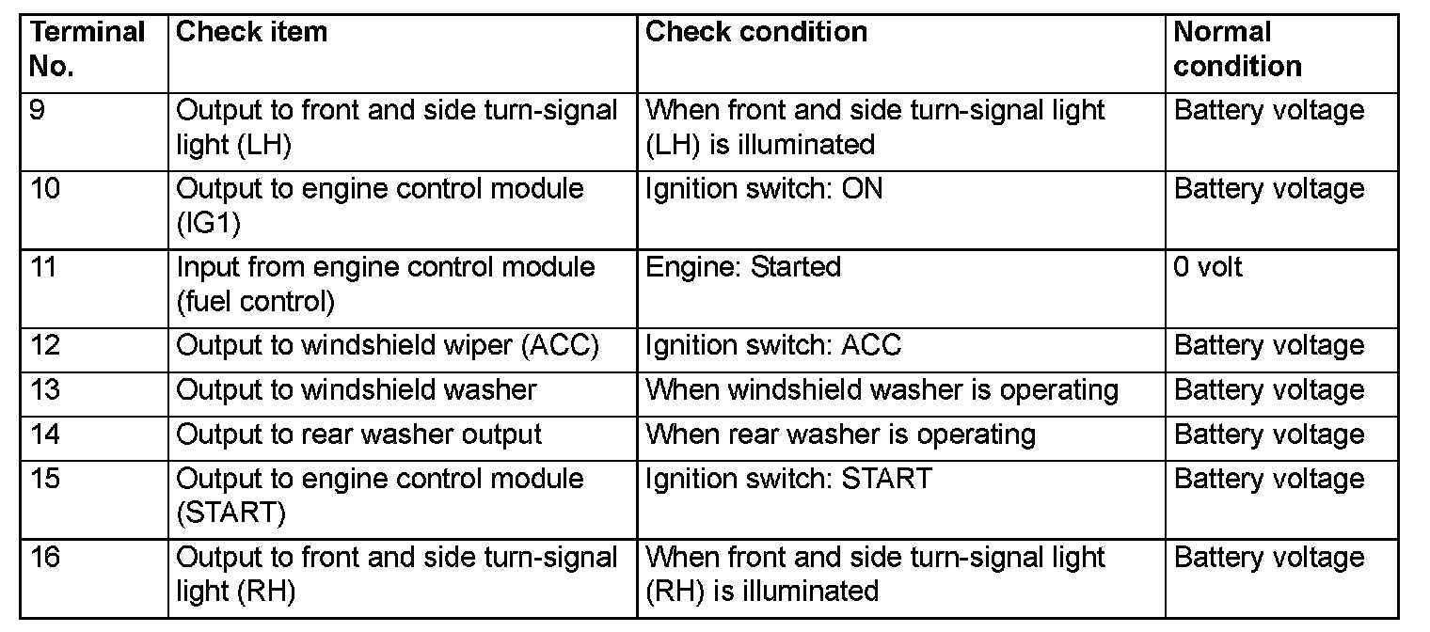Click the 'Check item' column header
[252, 33]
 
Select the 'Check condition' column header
[756, 33]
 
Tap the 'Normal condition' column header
[1237, 49]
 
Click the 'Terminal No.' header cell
[87, 49]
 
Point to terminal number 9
[37, 111]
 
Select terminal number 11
[43, 268]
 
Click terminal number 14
[45, 434]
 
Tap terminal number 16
[45, 558]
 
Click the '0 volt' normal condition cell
[1208, 268]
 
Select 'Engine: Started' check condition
[743, 268]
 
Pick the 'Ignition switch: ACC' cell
[773, 346]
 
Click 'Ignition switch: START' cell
[788, 479]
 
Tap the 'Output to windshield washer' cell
[357, 390]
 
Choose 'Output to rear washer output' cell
[359, 434]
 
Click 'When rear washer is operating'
[840, 434]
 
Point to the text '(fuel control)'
[255, 302]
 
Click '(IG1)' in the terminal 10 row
[208, 223]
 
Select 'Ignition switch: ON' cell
[764, 189]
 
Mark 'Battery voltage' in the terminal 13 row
[1269, 390]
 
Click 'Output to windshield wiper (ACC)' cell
[388, 346]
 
